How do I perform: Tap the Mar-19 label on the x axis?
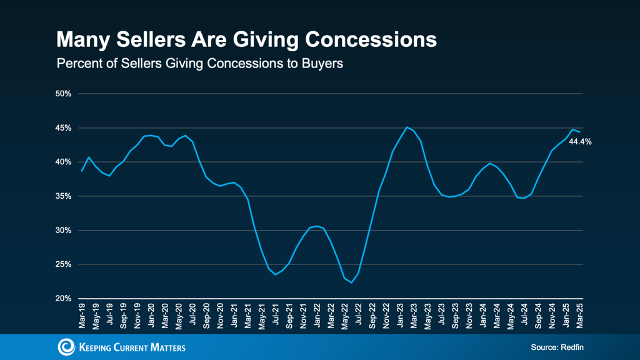[82, 315]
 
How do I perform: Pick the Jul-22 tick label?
[358, 315]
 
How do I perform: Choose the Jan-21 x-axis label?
[234, 315]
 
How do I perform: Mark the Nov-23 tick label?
[469, 315]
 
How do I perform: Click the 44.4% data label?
[580, 142]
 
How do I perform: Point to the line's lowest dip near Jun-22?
[351, 282]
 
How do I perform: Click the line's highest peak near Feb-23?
[407, 127]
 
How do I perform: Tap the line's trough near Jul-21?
[275, 274]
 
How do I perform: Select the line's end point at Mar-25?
[579, 132]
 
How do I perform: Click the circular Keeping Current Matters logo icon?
[66, 347]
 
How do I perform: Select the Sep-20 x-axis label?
[206, 315]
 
